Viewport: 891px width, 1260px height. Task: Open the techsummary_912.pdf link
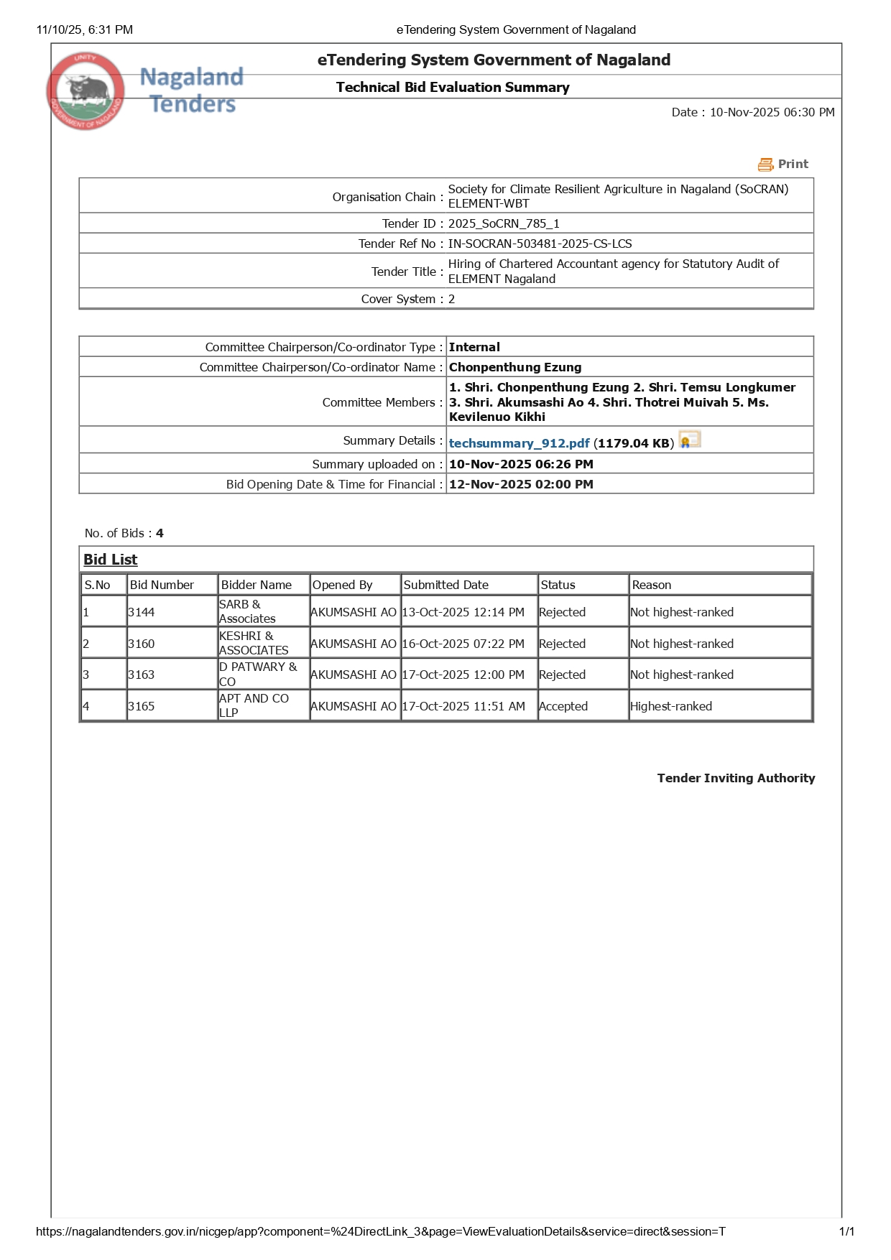[x=519, y=443]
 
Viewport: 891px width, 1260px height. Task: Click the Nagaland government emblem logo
[x=86, y=91]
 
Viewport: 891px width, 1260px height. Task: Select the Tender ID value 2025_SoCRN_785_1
[x=504, y=223]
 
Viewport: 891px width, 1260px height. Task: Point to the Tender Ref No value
[x=540, y=244]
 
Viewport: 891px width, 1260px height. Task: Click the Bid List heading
[x=110, y=560]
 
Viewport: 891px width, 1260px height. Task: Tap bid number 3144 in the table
[x=142, y=612]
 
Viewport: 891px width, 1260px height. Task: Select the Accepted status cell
[x=563, y=706]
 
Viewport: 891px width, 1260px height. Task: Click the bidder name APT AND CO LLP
[x=254, y=705]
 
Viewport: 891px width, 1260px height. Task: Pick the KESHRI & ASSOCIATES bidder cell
[x=254, y=643]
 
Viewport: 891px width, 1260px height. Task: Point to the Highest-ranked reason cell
[x=671, y=706]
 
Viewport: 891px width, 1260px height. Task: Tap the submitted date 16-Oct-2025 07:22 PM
[x=463, y=644]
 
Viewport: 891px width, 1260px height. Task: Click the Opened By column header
[x=342, y=585]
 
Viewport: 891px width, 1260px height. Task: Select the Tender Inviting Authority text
[x=736, y=778]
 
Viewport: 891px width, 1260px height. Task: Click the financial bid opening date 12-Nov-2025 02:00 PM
[x=521, y=484]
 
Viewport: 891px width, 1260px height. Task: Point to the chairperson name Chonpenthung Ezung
[x=515, y=367]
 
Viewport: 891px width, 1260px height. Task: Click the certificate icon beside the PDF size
[x=690, y=440]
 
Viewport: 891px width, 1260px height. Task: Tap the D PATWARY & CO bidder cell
[x=257, y=674]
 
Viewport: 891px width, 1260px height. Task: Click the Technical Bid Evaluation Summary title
[x=453, y=88]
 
